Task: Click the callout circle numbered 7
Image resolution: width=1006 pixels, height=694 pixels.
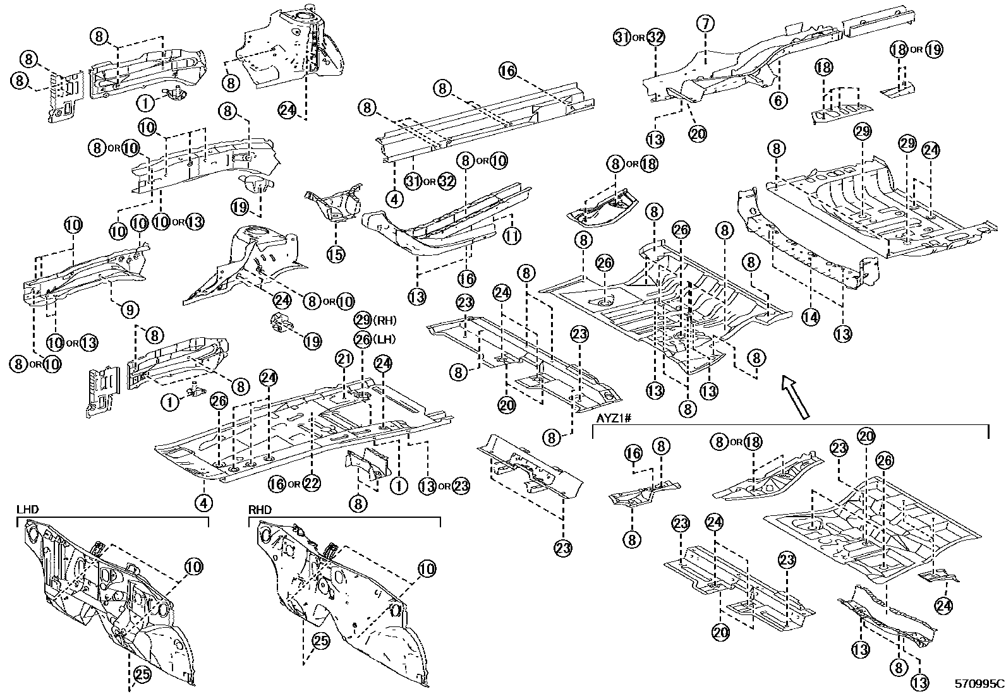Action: tap(706, 24)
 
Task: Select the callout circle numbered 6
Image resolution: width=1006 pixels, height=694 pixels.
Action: tap(779, 100)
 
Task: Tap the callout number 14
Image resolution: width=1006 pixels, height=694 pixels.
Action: tap(811, 317)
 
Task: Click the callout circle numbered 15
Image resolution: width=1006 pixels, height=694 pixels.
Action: tap(336, 254)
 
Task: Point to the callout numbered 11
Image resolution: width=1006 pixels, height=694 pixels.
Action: tap(512, 237)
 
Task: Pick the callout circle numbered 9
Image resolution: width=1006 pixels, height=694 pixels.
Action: tap(128, 309)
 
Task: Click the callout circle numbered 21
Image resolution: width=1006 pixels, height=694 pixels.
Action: tap(343, 359)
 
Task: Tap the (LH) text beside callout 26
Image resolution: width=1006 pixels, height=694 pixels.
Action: tap(384, 339)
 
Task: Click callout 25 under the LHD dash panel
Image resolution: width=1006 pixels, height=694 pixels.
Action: tap(142, 674)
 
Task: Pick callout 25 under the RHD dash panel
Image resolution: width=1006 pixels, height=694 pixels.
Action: tap(321, 641)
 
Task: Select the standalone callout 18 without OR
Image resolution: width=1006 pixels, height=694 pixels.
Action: tap(823, 67)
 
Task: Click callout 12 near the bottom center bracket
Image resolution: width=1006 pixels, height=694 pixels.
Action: tap(399, 484)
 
